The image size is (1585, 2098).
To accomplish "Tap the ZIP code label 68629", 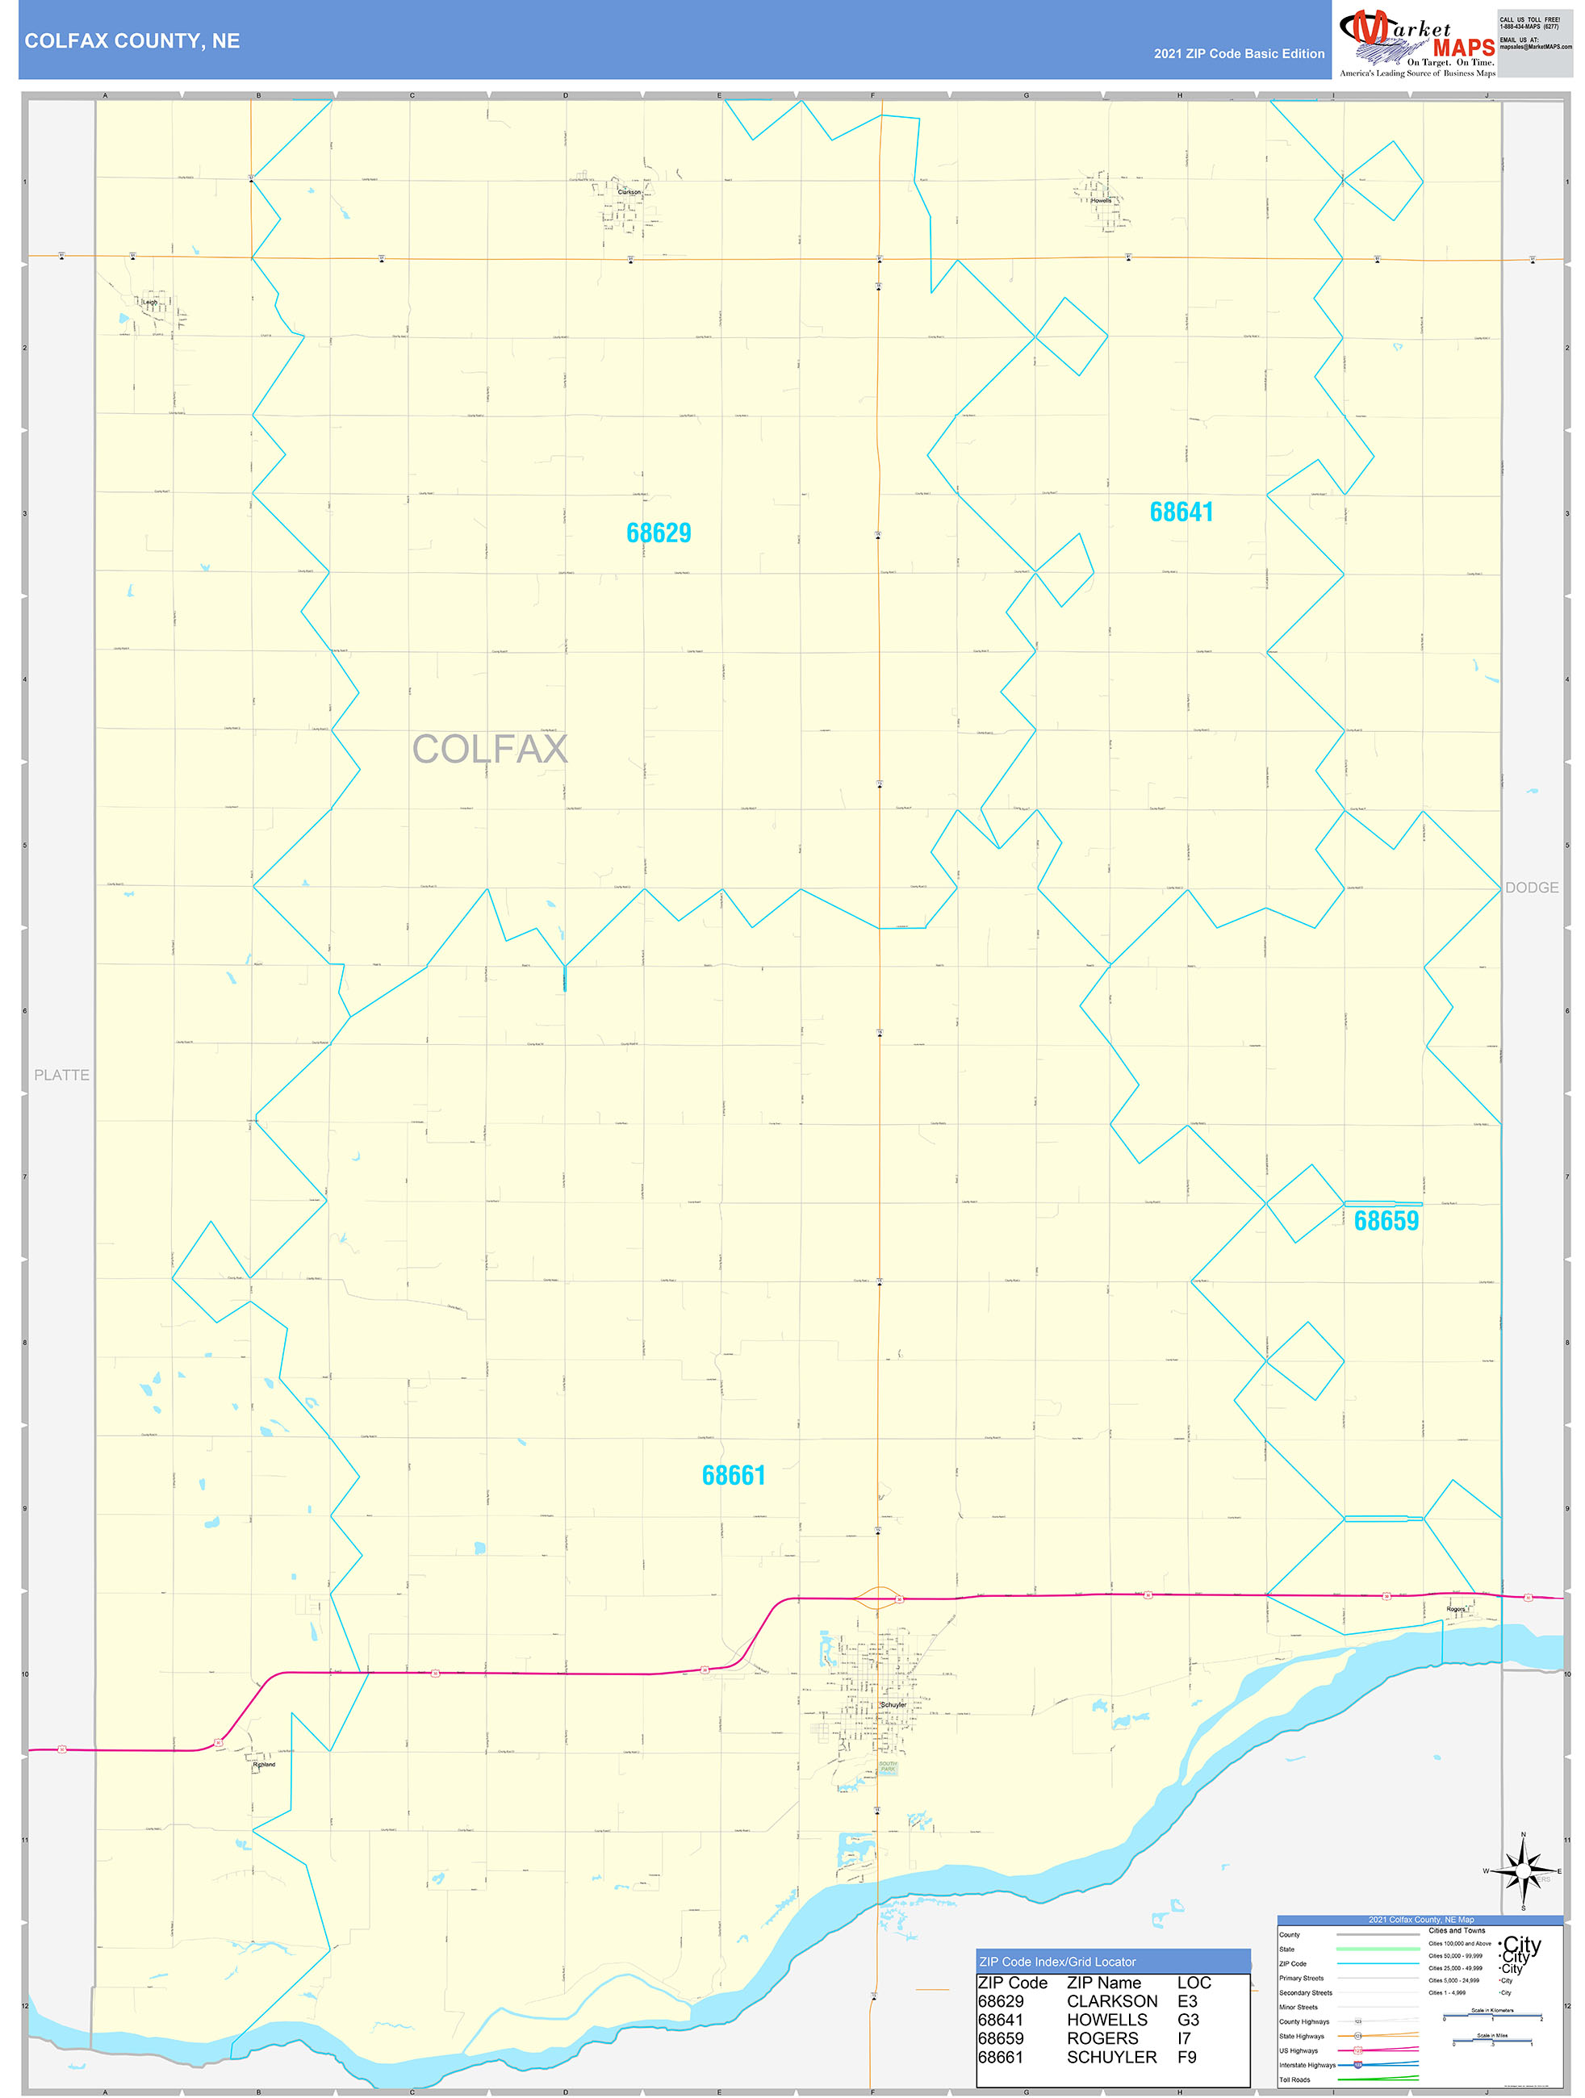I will click(659, 533).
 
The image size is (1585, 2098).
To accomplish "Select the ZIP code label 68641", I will click(1181, 512).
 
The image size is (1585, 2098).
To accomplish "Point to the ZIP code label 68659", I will click(1386, 1221).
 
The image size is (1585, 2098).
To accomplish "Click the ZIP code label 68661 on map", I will click(734, 1476).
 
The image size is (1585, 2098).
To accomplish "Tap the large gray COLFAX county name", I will click(489, 750).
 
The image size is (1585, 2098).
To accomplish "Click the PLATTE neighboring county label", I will click(61, 1075).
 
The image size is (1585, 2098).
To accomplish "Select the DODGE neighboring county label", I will click(1531, 888).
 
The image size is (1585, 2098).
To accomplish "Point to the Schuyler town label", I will click(893, 1704).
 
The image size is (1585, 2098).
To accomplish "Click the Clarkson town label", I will click(629, 191).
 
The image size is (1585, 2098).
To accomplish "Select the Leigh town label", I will click(150, 303).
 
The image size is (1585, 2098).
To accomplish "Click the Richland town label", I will click(264, 1765).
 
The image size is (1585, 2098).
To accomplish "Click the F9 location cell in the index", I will click(1186, 2057).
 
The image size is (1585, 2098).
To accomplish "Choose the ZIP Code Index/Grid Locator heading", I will click(1056, 1962).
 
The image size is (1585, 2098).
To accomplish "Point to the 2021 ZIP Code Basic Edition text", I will click(1239, 54).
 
